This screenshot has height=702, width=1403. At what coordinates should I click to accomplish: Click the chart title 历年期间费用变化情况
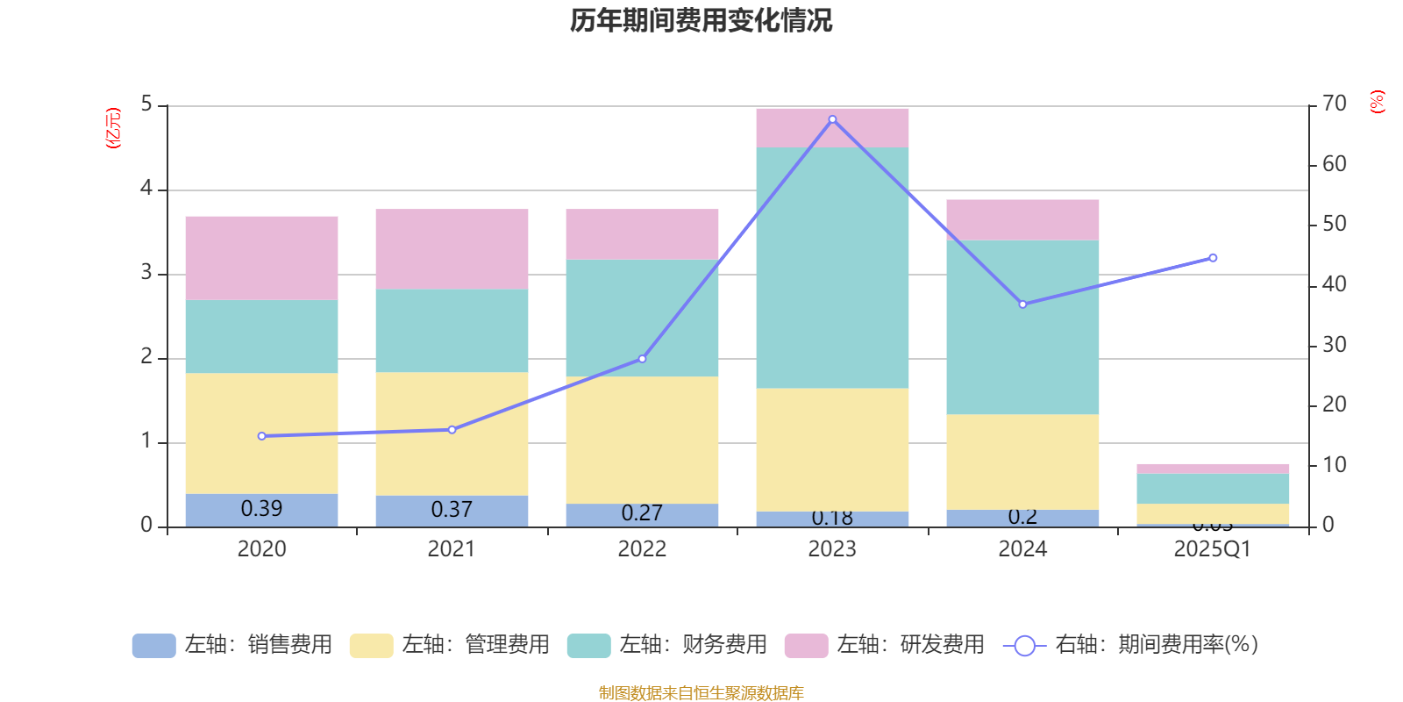pyautogui.click(x=701, y=20)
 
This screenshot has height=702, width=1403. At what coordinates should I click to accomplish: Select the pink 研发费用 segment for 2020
pyautogui.click(x=261, y=258)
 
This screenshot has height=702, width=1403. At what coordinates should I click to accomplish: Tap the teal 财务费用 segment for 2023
pyautogui.click(x=832, y=268)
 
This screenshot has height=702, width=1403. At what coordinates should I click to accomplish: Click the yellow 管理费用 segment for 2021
pyautogui.click(x=452, y=433)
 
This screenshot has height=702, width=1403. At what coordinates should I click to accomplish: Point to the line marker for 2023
pyautogui.click(x=832, y=119)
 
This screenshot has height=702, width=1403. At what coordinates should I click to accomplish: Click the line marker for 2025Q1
pyautogui.click(x=1213, y=258)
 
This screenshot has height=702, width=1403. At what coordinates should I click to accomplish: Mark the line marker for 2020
pyautogui.click(x=261, y=436)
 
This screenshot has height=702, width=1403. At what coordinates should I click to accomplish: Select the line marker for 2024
pyautogui.click(x=1022, y=304)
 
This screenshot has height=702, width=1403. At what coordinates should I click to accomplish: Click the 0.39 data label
pyautogui.click(x=261, y=509)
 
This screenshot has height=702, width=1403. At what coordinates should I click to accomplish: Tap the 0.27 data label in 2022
pyautogui.click(x=642, y=512)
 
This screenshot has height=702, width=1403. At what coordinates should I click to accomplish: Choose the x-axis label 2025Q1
pyautogui.click(x=1212, y=549)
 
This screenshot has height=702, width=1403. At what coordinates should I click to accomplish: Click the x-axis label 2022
pyautogui.click(x=642, y=549)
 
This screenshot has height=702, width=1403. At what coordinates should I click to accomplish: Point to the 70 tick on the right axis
pyautogui.click(x=1334, y=104)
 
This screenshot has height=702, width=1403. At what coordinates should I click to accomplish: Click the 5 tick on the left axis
pyautogui.click(x=146, y=104)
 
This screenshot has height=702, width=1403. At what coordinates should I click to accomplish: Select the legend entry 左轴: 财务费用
pyautogui.click(x=667, y=645)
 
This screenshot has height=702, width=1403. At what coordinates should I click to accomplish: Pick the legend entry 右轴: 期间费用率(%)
pyautogui.click(x=1130, y=645)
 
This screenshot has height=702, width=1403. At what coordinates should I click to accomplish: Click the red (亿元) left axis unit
pyautogui.click(x=112, y=128)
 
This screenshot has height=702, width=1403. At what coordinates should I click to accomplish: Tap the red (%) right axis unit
pyautogui.click(x=1377, y=102)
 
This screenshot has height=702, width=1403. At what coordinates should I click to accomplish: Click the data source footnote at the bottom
pyautogui.click(x=701, y=693)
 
